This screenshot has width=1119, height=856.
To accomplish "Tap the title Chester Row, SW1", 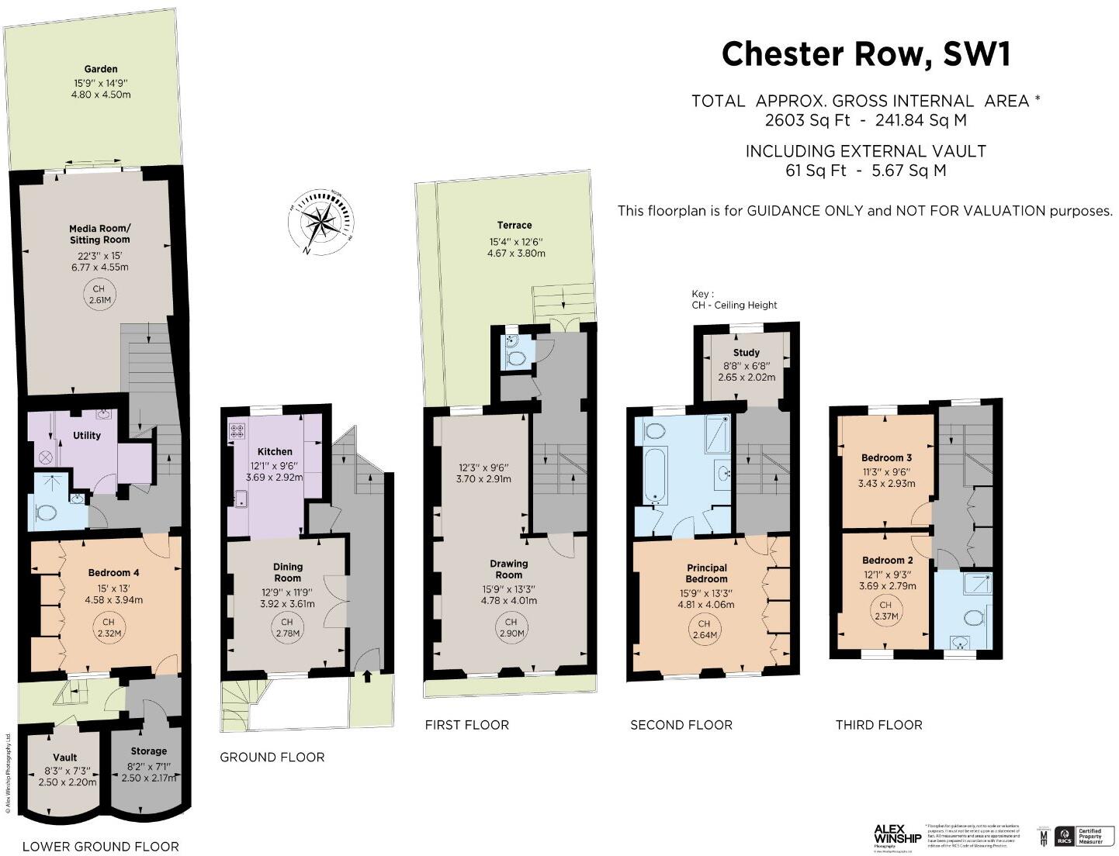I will click(x=866, y=54).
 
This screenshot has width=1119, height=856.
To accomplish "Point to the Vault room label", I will click(x=65, y=758).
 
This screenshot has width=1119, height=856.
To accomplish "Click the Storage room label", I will click(x=148, y=751).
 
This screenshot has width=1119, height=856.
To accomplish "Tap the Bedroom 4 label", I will click(x=113, y=573).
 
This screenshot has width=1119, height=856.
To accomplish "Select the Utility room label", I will click(x=87, y=436).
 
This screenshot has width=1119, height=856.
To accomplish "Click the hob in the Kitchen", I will click(x=237, y=430).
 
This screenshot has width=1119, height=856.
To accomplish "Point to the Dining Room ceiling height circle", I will click(x=287, y=628).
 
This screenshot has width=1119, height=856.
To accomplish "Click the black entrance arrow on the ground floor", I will click(x=367, y=677).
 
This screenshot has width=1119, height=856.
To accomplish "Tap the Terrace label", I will click(x=515, y=226).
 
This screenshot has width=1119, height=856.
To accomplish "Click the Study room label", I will click(x=746, y=353).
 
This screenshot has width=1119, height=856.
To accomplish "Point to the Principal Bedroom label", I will click(x=706, y=573).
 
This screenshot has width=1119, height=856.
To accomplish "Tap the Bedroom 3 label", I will click(x=886, y=457).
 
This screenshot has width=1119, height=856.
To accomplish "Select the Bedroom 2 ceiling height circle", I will click(x=886, y=611).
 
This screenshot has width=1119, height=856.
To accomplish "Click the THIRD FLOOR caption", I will click(x=878, y=725).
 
